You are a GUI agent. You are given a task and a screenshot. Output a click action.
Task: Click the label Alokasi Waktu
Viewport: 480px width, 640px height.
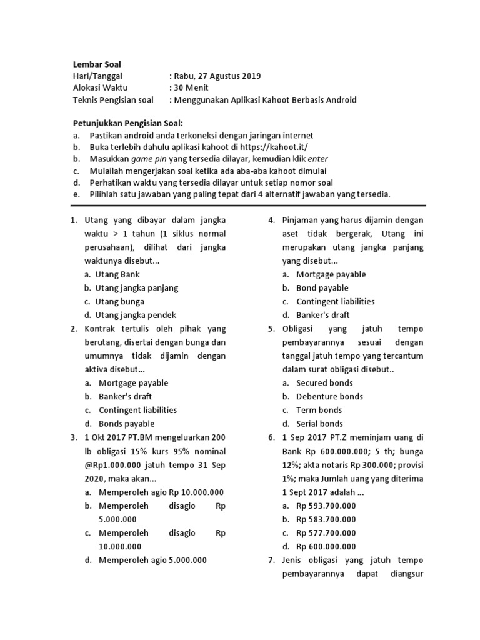click(x=100, y=88)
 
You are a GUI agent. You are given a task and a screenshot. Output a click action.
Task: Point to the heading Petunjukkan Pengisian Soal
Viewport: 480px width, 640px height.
click(x=128, y=123)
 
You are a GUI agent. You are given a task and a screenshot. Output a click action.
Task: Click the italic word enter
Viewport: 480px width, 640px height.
click(x=318, y=159)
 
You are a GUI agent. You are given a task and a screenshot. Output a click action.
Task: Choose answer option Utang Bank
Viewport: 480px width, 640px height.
click(x=117, y=274)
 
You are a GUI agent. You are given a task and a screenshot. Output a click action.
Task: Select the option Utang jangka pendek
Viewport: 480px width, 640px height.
click(x=136, y=315)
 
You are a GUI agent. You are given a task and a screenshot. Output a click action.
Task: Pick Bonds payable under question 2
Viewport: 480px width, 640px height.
click(x=126, y=424)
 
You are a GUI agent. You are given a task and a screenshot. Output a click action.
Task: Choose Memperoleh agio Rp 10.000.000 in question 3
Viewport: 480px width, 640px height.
click(x=161, y=492)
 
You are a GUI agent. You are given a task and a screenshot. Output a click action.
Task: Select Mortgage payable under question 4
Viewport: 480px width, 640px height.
click(x=331, y=274)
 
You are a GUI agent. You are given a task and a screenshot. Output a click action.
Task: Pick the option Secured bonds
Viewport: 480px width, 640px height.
click(x=324, y=383)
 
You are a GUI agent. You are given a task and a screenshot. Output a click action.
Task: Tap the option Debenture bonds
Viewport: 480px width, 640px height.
click(x=329, y=396)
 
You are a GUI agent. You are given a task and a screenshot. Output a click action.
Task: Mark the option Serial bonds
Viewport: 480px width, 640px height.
click(x=319, y=424)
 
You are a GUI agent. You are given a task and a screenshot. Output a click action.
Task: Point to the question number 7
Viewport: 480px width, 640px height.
click(x=272, y=560)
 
